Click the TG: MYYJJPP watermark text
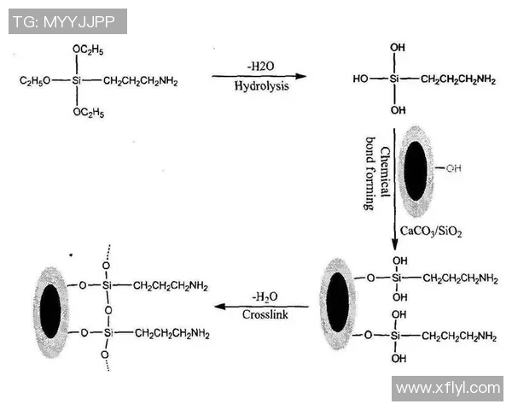click(67, 20)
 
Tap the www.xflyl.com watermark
click(448, 388)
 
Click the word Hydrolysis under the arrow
click(261, 86)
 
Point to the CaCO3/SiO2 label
click(432, 231)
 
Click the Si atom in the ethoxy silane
click(77, 81)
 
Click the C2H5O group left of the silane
click(35, 81)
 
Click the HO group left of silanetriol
click(360, 79)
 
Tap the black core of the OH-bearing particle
click(416, 169)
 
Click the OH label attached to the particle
click(453, 169)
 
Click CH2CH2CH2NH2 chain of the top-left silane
click(141, 81)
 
